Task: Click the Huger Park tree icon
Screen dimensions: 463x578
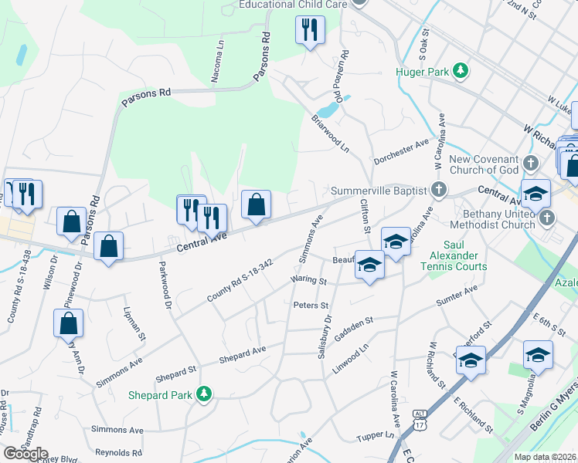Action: pyautogui.click(x=461, y=71)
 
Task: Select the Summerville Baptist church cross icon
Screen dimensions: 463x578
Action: pyautogui.click(x=439, y=190)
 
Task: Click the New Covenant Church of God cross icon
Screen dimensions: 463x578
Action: pyautogui.click(x=530, y=164)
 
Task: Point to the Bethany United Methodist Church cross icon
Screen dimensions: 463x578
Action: pyautogui.click(x=548, y=218)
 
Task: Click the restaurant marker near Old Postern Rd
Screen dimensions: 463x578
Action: pyautogui.click(x=310, y=31)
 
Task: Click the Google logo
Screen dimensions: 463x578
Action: pyautogui.click(x=25, y=453)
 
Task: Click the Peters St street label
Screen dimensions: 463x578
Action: pyautogui.click(x=311, y=305)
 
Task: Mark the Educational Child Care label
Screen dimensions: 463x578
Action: pyautogui.click(x=293, y=5)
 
